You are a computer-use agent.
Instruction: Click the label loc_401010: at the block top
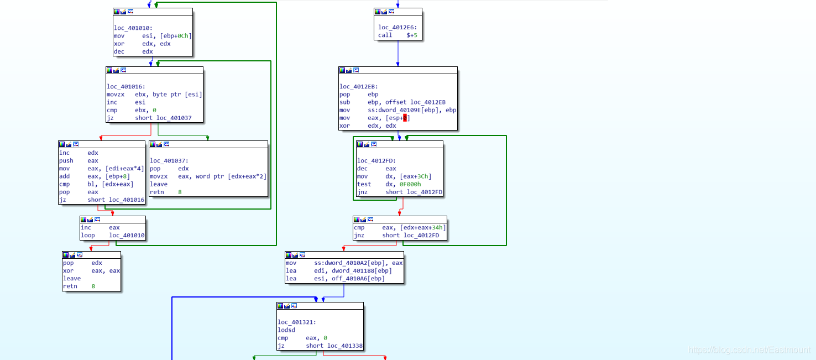click(x=133, y=28)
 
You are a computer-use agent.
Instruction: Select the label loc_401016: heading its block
click(x=126, y=86)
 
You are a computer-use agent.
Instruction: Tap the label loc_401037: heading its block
click(x=169, y=160)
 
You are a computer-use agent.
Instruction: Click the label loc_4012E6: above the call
click(x=397, y=27)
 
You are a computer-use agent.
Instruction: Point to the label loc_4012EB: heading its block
click(x=359, y=86)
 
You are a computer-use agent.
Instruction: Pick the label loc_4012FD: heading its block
click(x=376, y=160)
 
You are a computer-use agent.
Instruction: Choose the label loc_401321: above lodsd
click(x=297, y=322)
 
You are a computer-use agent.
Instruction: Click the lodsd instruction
click(x=286, y=330)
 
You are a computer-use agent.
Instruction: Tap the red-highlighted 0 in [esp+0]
click(x=405, y=118)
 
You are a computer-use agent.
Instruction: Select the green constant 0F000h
click(x=410, y=184)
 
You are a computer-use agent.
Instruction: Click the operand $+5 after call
click(x=412, y=35)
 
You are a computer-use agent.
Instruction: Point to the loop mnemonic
click(x=88, y=235)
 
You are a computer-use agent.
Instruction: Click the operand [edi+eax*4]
click(x=125, y=168)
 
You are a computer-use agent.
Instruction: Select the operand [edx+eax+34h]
click(x=423, y=227)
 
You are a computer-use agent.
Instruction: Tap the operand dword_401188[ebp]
click(x=362, y=270)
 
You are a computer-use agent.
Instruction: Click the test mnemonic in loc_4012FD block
click(x=364, y=184)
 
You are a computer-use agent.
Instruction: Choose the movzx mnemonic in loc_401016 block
click(x=116, y=95)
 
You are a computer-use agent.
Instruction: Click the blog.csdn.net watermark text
click(x=749, y=350)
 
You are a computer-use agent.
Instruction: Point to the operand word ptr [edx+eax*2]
click(x=231, y=176)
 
